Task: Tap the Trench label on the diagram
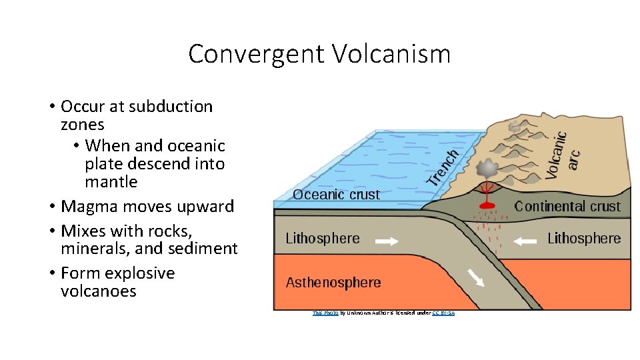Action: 443,167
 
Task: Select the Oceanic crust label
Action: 336,195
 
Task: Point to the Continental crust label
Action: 567,207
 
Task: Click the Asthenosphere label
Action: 333,283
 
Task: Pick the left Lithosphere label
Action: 323,239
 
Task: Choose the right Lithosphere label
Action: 584,239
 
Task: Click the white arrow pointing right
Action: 387,241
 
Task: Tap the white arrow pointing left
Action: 525,241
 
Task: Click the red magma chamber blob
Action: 488,205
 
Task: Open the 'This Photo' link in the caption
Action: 325,313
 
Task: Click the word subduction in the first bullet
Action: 171,107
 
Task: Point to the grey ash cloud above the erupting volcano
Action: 489,167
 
